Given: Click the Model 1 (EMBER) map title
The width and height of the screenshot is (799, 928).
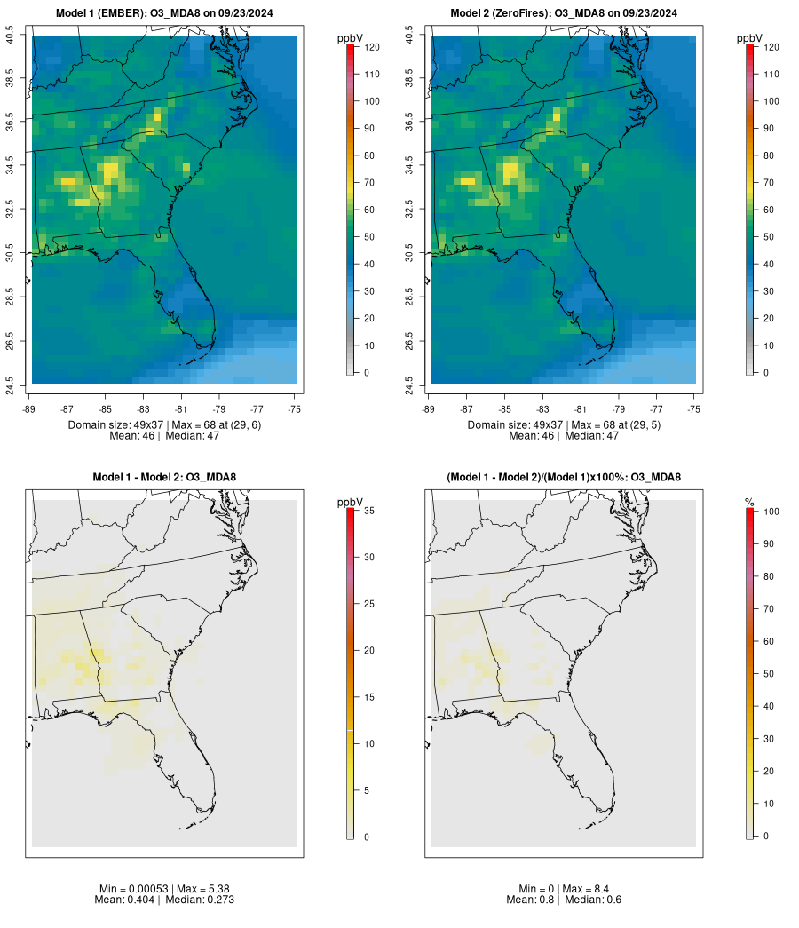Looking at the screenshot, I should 164,13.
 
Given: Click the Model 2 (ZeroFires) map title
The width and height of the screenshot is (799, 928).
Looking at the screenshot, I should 564,13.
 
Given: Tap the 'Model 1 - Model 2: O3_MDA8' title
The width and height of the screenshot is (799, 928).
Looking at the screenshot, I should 164,478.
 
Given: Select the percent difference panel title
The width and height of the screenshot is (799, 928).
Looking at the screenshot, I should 564,478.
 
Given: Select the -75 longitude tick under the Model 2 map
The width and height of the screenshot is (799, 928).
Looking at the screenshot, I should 694,409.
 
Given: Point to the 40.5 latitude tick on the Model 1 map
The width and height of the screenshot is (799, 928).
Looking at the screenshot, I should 10,36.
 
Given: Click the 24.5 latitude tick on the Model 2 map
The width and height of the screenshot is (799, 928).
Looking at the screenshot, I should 409,384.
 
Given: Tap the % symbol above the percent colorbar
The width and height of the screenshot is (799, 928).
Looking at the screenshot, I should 749,503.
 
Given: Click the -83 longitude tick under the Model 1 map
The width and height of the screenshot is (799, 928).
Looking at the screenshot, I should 144,409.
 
